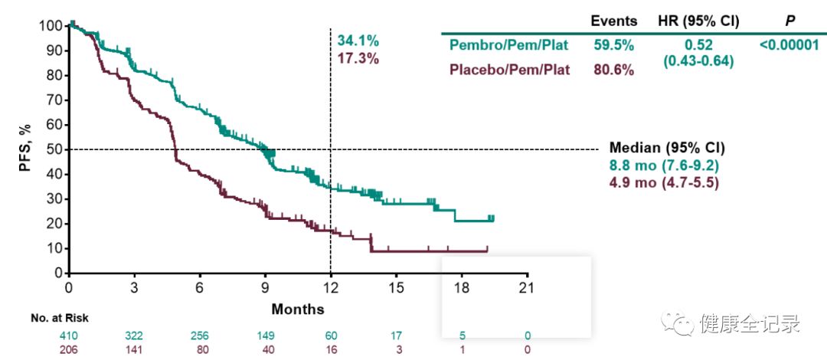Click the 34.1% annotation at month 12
pos(358,41)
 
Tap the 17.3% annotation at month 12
pos(358,58)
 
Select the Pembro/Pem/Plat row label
pos(508,45)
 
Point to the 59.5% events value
pos(614,45)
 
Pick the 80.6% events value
pos(614,70)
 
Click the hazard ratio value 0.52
pos(698,45)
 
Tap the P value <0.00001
pos(789,45)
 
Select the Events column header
pos(614,21)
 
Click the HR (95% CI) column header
pos(698,21)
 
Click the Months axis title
pos(297,309)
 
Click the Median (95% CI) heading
pos(666,148)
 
